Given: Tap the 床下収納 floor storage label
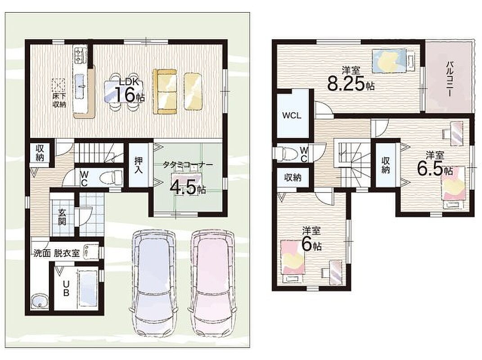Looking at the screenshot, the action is point(59,100).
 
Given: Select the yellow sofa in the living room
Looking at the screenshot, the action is point(165,91).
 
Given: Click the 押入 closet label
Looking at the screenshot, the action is point(138,166).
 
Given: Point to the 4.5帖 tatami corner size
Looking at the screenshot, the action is point(188,187).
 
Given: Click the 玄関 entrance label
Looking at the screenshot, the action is point(62,217).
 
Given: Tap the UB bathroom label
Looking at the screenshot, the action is point(66,288).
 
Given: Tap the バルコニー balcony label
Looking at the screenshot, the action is point(451,79).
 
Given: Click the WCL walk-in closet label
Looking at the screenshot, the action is point(292,116).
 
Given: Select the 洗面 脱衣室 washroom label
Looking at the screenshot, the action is point(57,254).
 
